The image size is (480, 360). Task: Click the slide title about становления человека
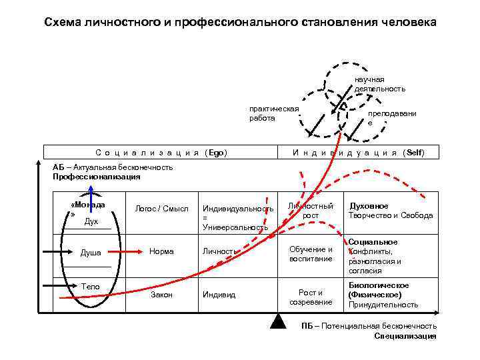click(x=240, y=22)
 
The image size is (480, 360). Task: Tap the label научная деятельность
click(x=379, y=84)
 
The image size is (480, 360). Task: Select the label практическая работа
click(x=274, y=113)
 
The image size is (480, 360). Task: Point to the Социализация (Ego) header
click(x=162, y=153)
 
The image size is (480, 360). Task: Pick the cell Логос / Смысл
click(x=157, y=209)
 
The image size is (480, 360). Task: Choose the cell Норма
click(x=161, y=251)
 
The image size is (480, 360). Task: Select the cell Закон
click(x=161, y=294)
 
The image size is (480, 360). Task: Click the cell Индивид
click(x=219, y=294)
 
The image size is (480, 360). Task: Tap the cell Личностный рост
click(x=311, y=211)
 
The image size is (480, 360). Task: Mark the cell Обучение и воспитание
click(x=311, y=253)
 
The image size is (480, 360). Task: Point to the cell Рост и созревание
click(x=311, y=297)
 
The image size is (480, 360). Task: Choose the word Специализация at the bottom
click(x=405, y=336)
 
